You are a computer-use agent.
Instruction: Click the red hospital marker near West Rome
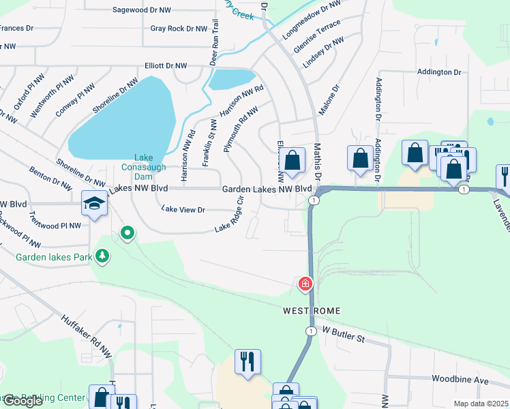305,283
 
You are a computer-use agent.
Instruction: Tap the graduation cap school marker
93,202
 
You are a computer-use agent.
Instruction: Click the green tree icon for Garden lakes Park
102,256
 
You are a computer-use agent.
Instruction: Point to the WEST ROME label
312,311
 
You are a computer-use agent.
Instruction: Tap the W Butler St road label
344,335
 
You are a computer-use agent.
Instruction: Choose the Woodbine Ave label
462,378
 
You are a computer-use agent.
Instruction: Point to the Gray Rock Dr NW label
179,29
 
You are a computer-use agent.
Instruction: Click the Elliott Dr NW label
166,65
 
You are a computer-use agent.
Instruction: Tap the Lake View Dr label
182,210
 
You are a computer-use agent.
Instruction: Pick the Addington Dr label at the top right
439,72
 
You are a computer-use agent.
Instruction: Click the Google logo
22,401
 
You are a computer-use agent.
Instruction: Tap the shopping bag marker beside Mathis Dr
292,162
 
